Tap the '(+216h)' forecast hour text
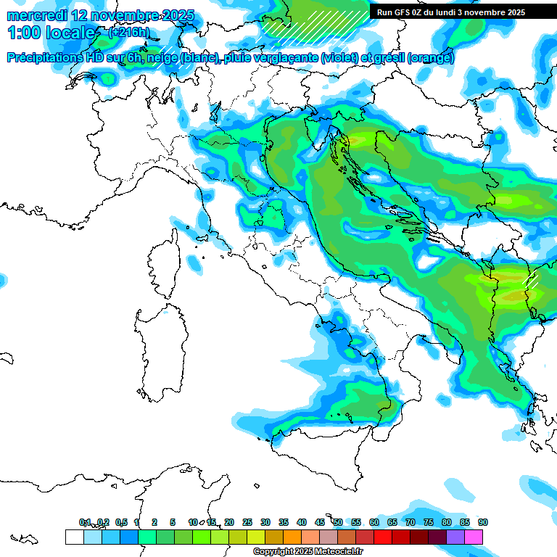click(128, 32)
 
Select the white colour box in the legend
click(74, 537)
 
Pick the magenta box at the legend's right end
click(474, 537)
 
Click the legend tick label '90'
click(483, 523)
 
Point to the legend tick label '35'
click(284, 523)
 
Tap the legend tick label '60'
click(374, 523)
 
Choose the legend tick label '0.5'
click(121, 523)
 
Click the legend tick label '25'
click(247, 523)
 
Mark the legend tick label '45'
click(320, 523)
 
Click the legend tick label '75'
click(429, 523)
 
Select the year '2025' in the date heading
click(178, 15)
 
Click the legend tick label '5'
click(173, 523)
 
